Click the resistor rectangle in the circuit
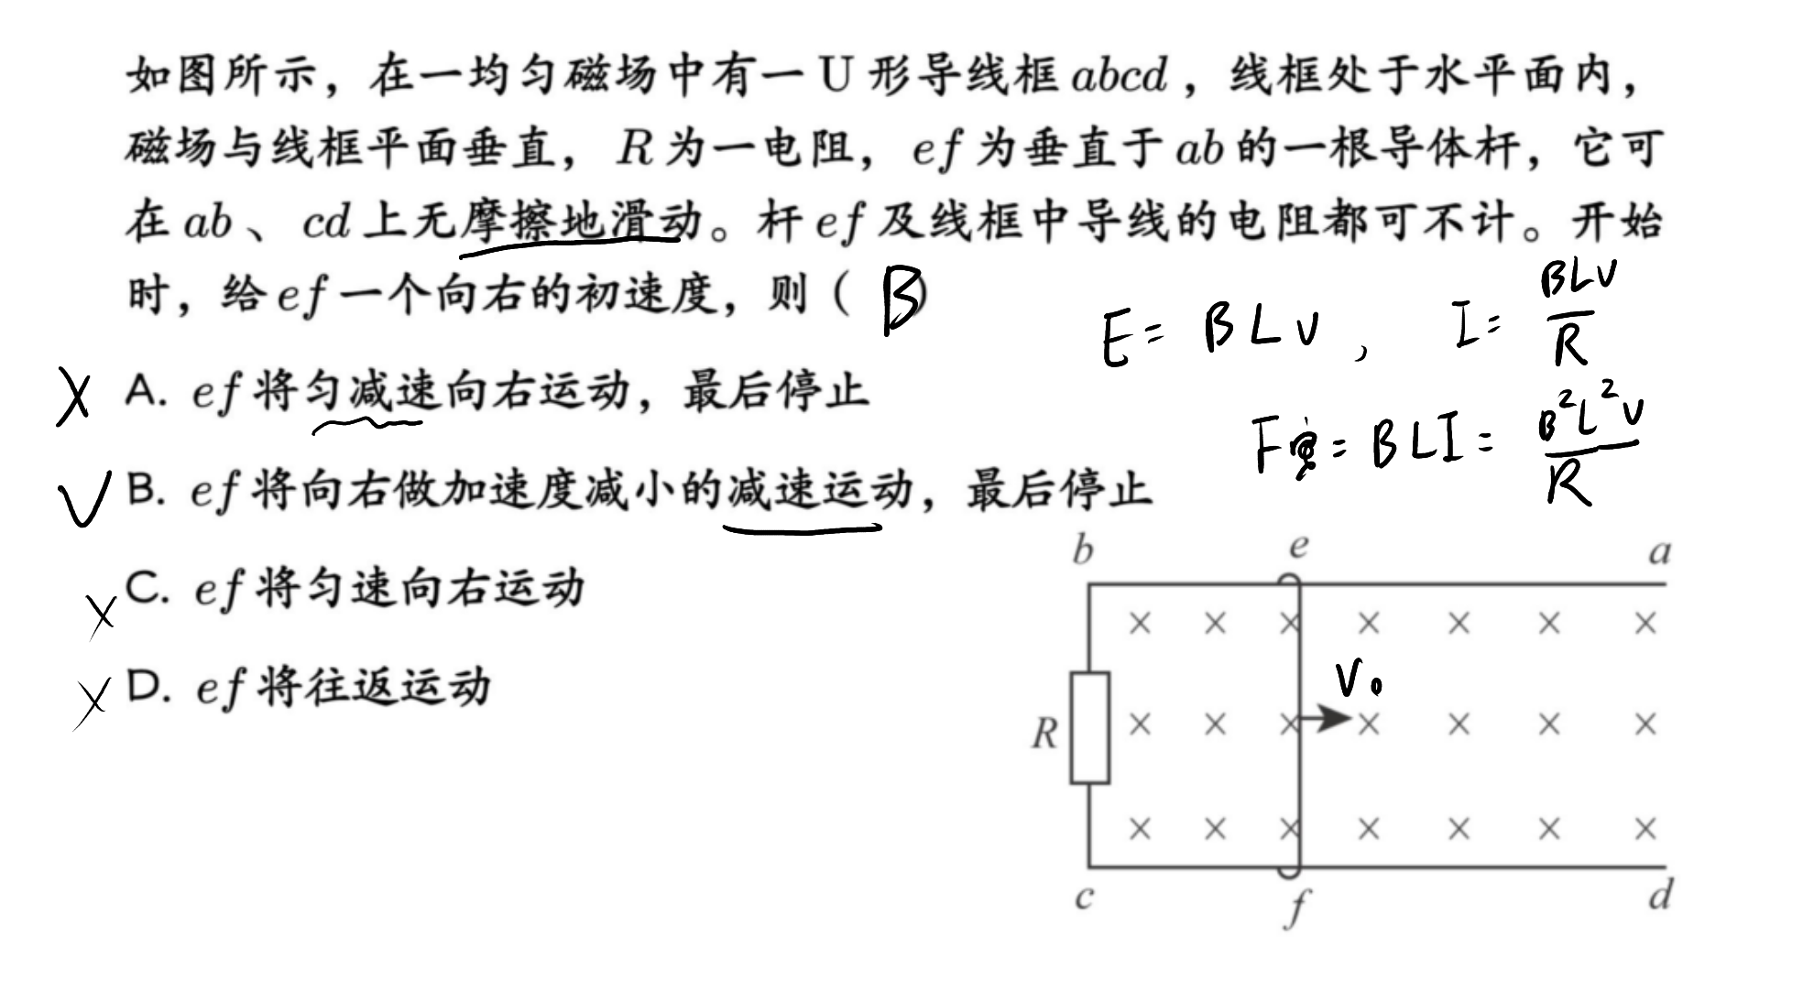tap(1089, 728)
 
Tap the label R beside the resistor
tap(1045, 734)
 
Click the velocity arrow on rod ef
tap(1327, 718)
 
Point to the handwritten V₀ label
tap(1358, 680)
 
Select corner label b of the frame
tap(1083, 550)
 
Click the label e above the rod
tap(1298, 547)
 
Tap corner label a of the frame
tap(1660, 553)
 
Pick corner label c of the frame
tap(1084, 897)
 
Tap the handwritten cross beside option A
tap(74, 397)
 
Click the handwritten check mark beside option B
tap(84, 499)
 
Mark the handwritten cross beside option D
tap(93, 703)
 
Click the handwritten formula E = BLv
tap(1211, 332)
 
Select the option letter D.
tap(148, 687)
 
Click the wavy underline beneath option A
tap(367, 425)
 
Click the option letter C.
tap(147, 588)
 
